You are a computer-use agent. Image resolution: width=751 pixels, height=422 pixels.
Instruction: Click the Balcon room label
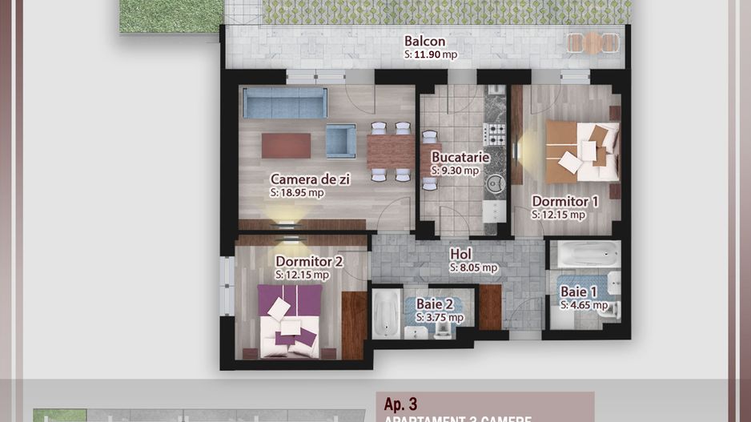(x=424, y=42)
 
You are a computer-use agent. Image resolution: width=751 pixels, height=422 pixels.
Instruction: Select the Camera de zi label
(x=309, y=179)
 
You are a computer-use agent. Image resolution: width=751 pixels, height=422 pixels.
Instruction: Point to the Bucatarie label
(x=460, y=157)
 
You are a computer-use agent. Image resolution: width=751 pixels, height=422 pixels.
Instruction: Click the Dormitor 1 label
(x=564, y=202)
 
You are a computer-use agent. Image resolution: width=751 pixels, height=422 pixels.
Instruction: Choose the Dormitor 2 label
(x=309, y=261)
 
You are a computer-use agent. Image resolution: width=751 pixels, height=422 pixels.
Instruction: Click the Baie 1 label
(x=579, y=292)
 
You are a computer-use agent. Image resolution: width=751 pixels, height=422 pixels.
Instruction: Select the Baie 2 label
(x=435, y=303)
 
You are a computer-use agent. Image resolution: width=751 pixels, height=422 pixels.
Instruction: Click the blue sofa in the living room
(x=284, y=103)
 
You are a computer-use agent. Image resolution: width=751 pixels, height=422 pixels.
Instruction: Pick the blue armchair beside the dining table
(x=340, y=141)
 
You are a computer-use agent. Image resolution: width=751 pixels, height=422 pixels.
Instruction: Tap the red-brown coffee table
(x=286, y=145)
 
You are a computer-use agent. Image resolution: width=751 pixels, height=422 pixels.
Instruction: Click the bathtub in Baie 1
(x=588, y=255)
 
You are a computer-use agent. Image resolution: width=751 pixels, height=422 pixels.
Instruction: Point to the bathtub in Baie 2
(x=384, y=313)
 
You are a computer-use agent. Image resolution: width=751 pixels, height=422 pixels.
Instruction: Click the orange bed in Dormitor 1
(x=582, y=151)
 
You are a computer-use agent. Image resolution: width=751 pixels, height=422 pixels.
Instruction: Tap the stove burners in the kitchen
(x=496, y=133)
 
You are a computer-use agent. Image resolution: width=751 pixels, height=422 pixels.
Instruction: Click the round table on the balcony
(x=592, y=42)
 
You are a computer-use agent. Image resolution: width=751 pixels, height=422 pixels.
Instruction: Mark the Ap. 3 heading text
(x=401, y=405)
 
